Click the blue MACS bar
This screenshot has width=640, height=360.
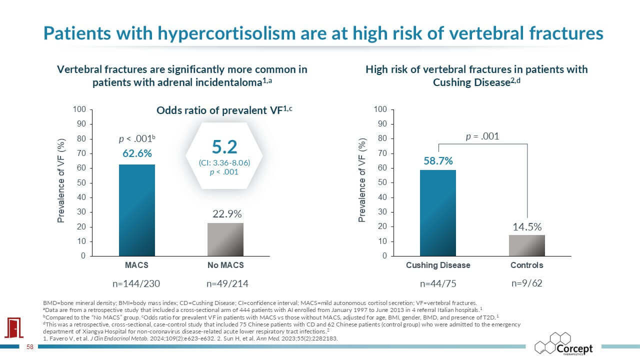(x=137, y=210)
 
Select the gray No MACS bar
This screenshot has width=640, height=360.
(x=225, y=239)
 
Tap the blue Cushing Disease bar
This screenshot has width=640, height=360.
(x=438, y=213)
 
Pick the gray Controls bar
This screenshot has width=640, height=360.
(x=527, y=245)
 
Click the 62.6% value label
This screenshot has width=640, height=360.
(x=137, y=153)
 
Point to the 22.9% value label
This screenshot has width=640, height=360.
(x=227, y=214)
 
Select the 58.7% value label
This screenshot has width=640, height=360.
(x=438, y=161)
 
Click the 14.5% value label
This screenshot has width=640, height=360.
(x=527, y=227)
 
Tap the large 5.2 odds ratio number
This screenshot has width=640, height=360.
(x=224, y=147)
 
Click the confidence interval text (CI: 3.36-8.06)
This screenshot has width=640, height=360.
(x=224, y=163)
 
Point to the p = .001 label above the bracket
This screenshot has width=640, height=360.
(x=482, y=136)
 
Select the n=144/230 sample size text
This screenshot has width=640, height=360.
(x=136, y=283)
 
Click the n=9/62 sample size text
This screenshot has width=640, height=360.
(x=527, y=283)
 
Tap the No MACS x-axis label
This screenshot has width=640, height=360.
(x=225, y=265)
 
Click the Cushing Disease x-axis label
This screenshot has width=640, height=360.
(x=438, y=265)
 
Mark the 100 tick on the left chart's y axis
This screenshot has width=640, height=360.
(x=79, y=109)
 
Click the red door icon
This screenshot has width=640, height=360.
(x=13, y=327)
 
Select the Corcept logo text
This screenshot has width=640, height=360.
(x=574, y=349)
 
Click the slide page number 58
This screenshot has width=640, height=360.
(x=30, y=347)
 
